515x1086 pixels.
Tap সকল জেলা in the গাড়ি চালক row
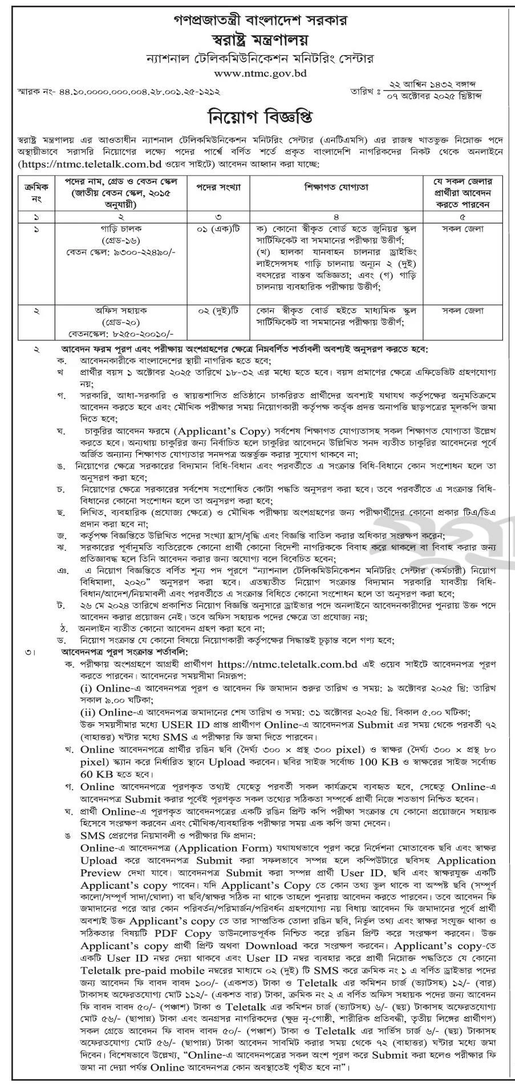463,228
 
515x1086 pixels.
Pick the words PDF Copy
184,933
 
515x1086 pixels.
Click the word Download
253,945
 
